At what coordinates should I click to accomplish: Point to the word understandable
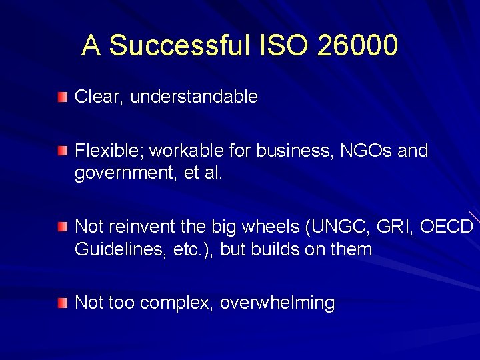tap(194, 97)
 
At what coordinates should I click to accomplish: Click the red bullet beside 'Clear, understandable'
tap(62, 97)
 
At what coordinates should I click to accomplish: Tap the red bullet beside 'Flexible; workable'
tap(62, 151)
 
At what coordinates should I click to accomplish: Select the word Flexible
tap(109, 151)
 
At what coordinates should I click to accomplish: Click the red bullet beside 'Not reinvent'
tap(62, 227)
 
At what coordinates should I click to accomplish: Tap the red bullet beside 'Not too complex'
tap(62, 303)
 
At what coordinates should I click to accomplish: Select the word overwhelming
tap(277, 303)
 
